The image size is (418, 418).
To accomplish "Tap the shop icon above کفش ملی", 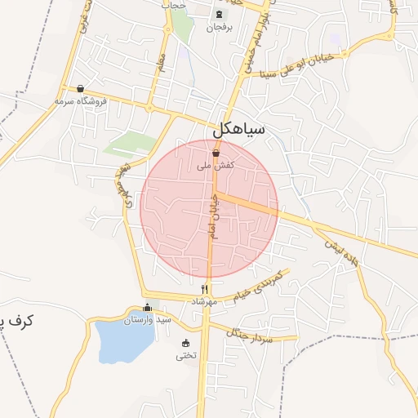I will pos(216,153).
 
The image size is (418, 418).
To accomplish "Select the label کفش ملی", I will pos(216,165).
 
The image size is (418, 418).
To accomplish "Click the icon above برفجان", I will pos(218,14).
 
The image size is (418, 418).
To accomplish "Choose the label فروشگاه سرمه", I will pos(81,101).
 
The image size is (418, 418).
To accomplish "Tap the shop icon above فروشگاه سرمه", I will pos(80,89).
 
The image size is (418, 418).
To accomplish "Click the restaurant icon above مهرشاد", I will pos(205,289).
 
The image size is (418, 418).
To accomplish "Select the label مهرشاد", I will pos(204,301).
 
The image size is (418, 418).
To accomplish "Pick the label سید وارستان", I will pos(147,320).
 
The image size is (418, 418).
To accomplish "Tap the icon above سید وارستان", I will pos(147,308).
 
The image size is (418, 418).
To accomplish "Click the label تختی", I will pos(187,355).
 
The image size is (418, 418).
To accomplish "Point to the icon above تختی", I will pos(186,343).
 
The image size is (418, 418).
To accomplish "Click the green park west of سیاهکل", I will pos(131,144).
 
